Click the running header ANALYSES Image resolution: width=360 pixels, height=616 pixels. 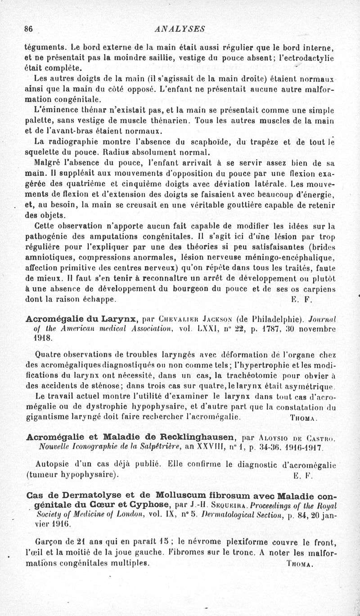pyautogui.click(x=180, y=29)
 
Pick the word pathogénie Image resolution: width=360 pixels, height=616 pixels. pyautogui.click(x=49, y=235)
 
